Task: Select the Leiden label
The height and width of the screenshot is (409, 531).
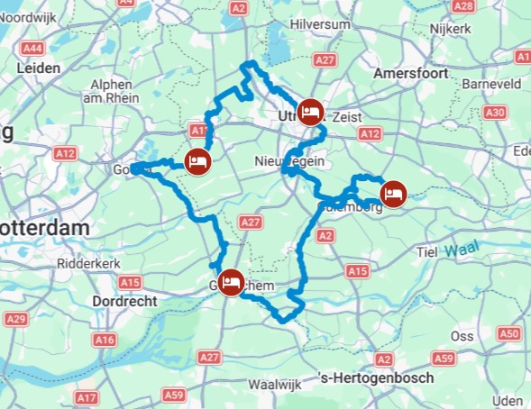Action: click(38, 68)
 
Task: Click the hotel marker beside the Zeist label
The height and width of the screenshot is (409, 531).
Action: click(311, 111)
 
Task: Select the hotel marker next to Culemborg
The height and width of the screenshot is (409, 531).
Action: click(393, 192)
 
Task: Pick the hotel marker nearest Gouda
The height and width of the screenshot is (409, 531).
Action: click(198, 161)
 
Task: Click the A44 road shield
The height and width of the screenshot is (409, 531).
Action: click(33, 47)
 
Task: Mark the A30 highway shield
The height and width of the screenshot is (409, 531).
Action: click(494, 113)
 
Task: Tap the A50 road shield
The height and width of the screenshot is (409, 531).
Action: click(510, 334)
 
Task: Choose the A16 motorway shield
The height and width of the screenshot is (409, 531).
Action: click(105, 340)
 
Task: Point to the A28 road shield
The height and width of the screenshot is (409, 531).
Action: click(463, 6)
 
